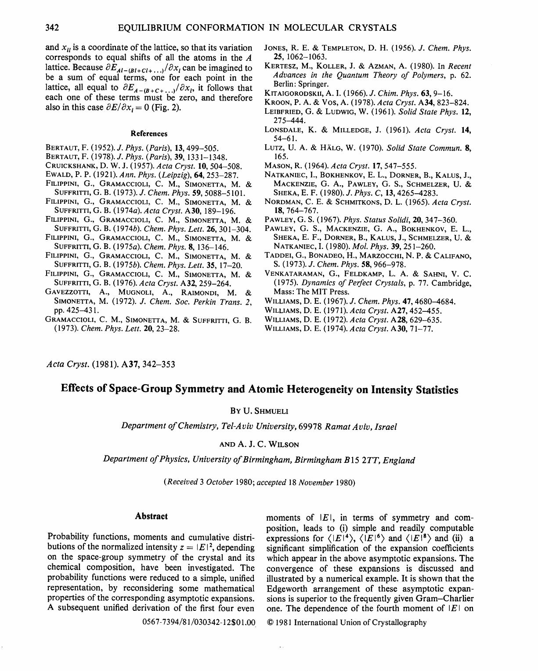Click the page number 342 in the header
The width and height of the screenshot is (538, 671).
tap(52, 28)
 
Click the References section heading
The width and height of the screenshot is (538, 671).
tap(149, 133)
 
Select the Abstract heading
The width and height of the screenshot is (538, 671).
tap(151, 516)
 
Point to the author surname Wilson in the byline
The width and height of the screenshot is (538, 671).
tap(283, 444)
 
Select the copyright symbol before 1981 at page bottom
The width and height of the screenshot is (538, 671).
tap(270, 622)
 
